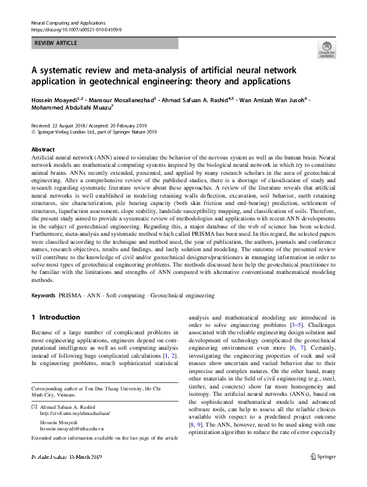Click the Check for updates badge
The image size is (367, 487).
[326, 49]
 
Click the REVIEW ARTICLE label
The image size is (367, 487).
[57, 43]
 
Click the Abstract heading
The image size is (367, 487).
[43, 150]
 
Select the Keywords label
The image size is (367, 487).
[44, 296]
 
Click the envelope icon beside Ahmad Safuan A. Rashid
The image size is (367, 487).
[34, 408]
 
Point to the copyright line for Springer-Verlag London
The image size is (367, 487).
[94, 131]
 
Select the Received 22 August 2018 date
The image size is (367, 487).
[59, 125]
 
